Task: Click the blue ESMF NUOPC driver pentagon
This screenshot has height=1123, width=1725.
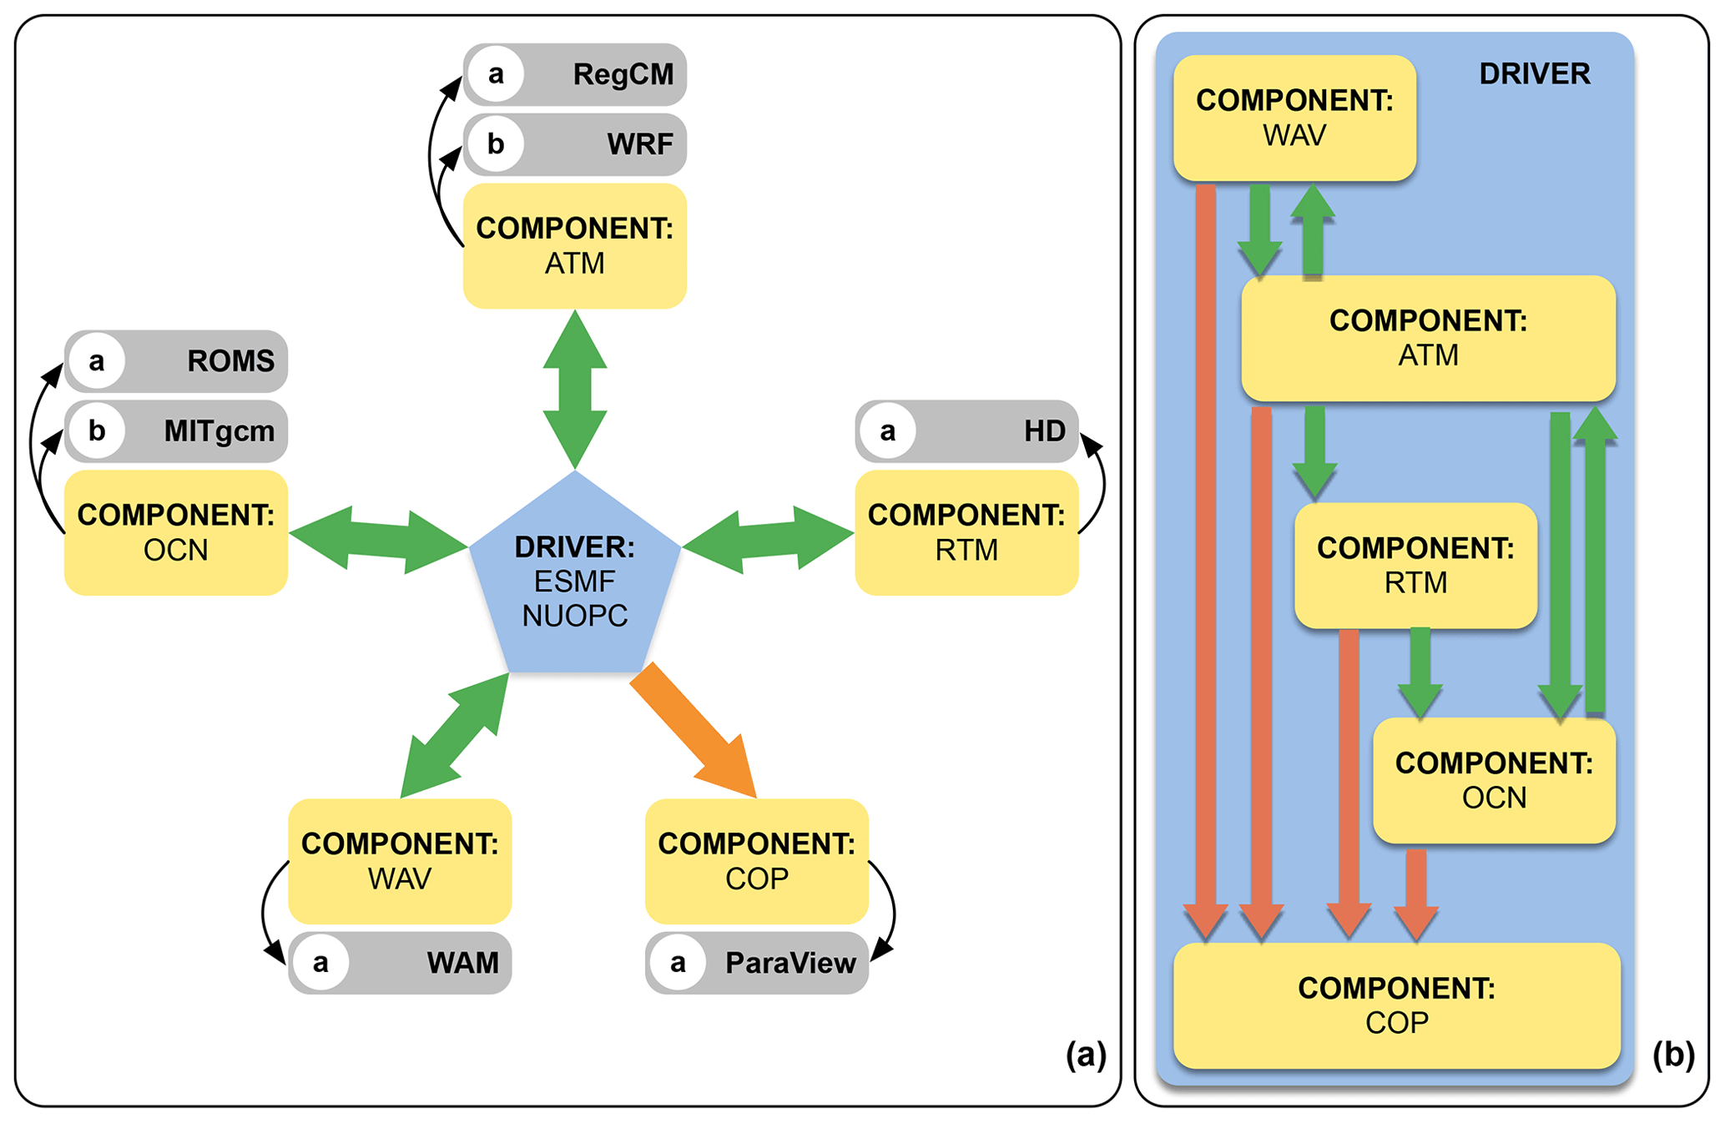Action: [x=575, y=580]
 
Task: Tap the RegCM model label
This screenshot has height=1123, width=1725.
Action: [x=623, y=74]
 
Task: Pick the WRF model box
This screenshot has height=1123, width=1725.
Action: [x=575, y=144]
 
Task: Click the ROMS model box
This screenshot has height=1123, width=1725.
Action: [x=176, y=361]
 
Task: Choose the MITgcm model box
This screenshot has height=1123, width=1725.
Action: [x=176, y=431]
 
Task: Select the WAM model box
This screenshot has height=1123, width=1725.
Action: [x=400, y=963]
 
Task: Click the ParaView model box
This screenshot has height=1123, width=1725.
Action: [x=757, y=963]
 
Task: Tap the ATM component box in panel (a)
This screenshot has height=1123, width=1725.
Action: [x=575, y=246]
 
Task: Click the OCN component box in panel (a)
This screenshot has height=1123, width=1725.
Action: [x=176, y=532]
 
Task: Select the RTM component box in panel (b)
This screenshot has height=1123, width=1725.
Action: [x=1415, y=566]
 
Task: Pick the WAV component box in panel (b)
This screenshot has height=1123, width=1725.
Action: [x=1294, y=118]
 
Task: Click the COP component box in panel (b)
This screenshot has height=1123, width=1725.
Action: [x=1396, y=1005]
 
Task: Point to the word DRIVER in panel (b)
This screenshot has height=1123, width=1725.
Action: [x=1535, y=74]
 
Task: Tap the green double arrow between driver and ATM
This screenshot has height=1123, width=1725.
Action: [x=575, y=389]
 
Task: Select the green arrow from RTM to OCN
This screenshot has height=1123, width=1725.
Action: [x=1420, y=672]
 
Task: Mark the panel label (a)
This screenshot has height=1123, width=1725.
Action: [x=1086, y=1055]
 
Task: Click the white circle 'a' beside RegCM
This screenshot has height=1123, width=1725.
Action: [x=496, y=74]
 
